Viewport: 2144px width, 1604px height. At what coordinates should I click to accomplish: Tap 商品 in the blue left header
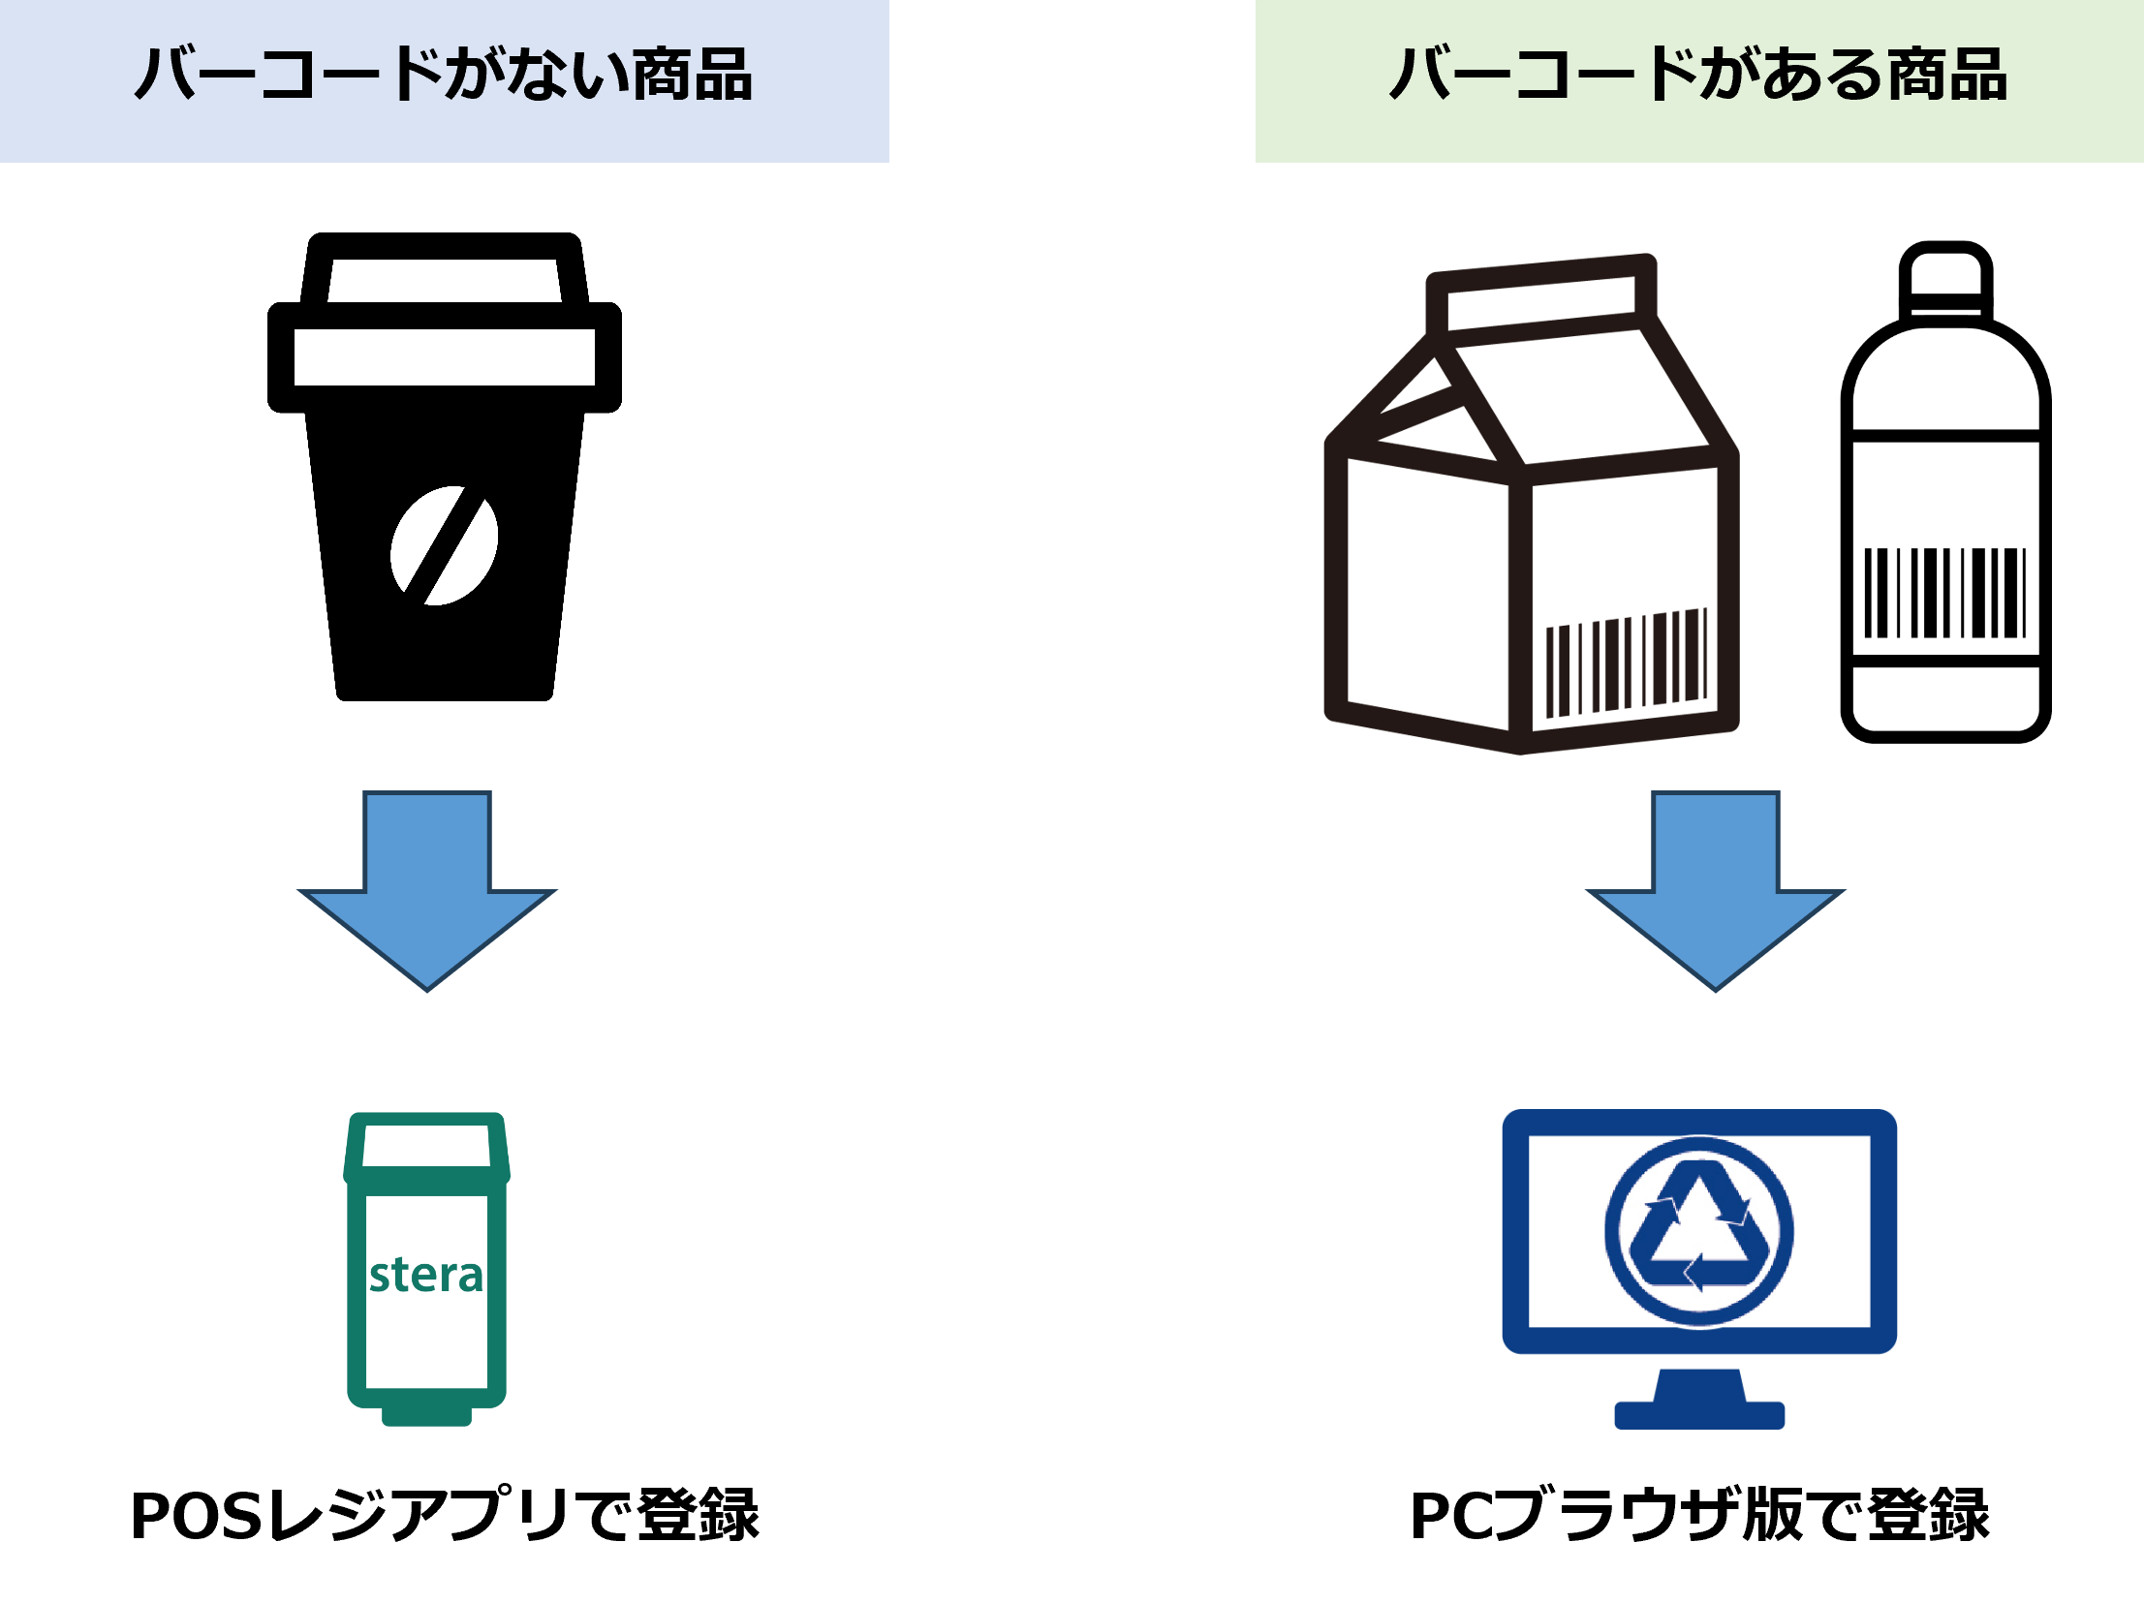pyautogui.click(x=692, y=76)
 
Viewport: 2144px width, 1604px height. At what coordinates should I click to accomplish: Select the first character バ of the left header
pyautogui.click(x=167, y=76)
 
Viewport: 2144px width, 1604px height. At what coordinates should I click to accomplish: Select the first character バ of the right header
pyautogui.click(x=1421, y=76)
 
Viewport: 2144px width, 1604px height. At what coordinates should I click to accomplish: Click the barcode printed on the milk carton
pyautogui.click(x=1627, y=664)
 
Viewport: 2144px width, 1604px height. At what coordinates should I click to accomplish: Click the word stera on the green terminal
pyautogui.click(x=426, y=1276)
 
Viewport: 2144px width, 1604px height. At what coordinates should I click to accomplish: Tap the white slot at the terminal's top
pyautogui.click(x=426, y=1146)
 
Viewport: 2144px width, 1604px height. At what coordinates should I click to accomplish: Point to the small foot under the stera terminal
pyautogui.click(x=426, y=1417)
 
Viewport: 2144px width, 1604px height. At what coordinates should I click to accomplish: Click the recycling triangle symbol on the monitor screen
pyautogui.click(x=1698, y=1231)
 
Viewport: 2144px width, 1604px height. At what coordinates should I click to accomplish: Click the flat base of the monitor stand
pyautogui.click(x=1699, y=1415)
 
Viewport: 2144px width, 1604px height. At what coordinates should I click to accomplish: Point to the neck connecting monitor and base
pyautogui.click(x=1699, y=1383)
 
